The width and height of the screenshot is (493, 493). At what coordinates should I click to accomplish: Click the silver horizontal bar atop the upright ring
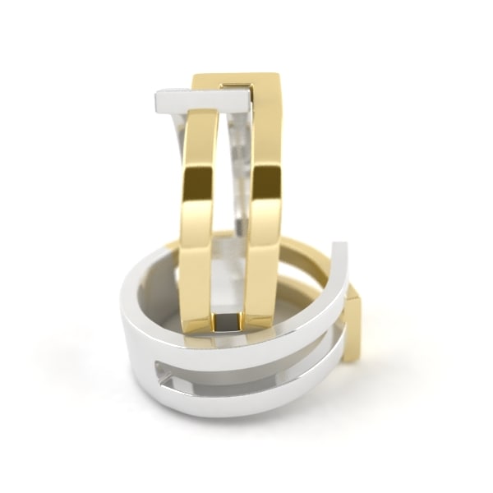tap(201, 102)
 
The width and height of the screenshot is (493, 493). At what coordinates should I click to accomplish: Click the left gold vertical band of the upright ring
tap(198, 214)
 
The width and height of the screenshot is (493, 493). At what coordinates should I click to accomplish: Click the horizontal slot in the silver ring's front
tap(246, 367)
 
